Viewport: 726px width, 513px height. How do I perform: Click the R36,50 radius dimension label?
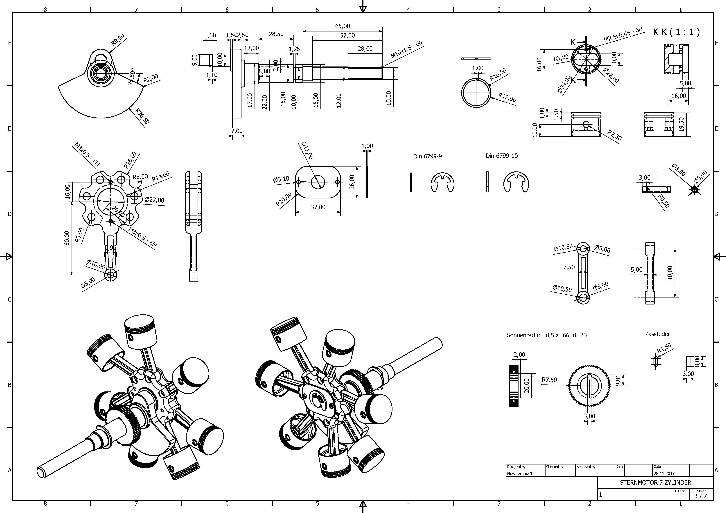(x=142, y=116)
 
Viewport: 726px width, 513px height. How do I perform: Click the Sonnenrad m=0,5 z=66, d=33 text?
(x=547, y=335)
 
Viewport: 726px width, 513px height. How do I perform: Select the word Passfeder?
(x=657, y=334)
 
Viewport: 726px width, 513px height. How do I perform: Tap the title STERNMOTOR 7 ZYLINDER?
(x=656, y=483)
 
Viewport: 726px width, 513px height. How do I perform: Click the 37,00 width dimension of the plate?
(x=318, y=207)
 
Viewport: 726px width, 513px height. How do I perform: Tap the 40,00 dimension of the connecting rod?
(x=670, y=273)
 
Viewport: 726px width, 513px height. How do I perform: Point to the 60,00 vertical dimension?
(x=67, y=238)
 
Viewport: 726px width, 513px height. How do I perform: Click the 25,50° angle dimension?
(x=132, y=77)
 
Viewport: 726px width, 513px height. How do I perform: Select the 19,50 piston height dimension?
(x=681, y=124)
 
